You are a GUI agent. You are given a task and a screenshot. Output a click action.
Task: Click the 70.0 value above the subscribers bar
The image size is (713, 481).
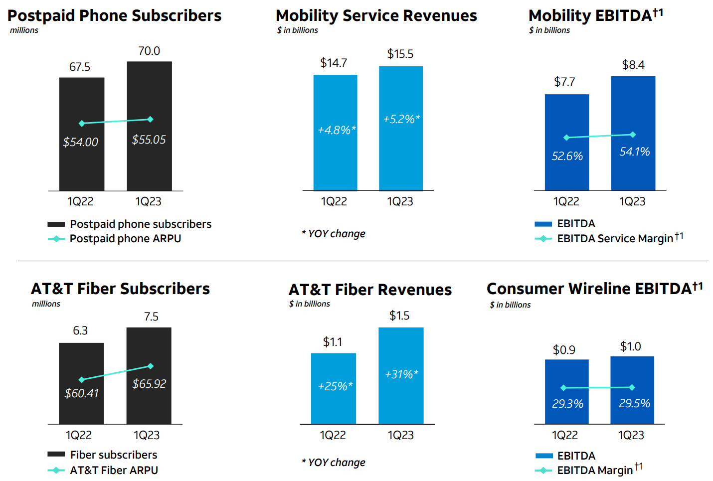tap(149, 51)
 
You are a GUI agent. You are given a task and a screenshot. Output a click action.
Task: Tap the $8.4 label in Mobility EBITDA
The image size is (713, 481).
tap(633, 65)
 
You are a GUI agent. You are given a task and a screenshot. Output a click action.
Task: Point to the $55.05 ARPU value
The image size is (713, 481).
tap(149, 140)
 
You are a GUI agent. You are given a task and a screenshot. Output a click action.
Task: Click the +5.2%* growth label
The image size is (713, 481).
tap(401, 119)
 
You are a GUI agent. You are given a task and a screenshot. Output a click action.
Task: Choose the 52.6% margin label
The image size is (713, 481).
tap(567, 156)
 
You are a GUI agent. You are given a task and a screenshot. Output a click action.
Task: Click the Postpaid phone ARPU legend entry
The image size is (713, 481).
tap(125, 239)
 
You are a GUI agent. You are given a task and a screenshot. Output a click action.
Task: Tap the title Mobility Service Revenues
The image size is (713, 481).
tap(376, 16)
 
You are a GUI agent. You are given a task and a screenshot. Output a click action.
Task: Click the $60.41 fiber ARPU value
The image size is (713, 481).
tap(82, 393)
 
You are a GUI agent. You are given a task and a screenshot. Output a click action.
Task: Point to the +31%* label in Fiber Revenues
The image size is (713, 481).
tap(401, 374)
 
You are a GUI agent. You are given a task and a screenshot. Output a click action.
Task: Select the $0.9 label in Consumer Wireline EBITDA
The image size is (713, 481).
tap(564, 350)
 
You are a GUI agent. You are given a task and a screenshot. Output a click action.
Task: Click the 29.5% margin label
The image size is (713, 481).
tap(634, 403)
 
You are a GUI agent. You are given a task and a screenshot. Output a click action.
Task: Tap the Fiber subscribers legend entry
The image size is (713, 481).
tap(113, 455)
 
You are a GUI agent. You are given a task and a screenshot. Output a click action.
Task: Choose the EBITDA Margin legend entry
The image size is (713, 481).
tap(595, 470)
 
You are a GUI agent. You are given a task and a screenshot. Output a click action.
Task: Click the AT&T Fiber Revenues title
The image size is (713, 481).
tap(370, 290)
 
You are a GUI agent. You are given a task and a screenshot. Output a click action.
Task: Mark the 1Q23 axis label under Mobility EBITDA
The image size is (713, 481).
tap(632, 201)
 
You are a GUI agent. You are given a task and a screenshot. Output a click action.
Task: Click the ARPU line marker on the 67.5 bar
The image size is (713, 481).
tap(82, 123)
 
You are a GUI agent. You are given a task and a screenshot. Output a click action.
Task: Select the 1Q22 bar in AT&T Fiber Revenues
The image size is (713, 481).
tap(333, 404)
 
